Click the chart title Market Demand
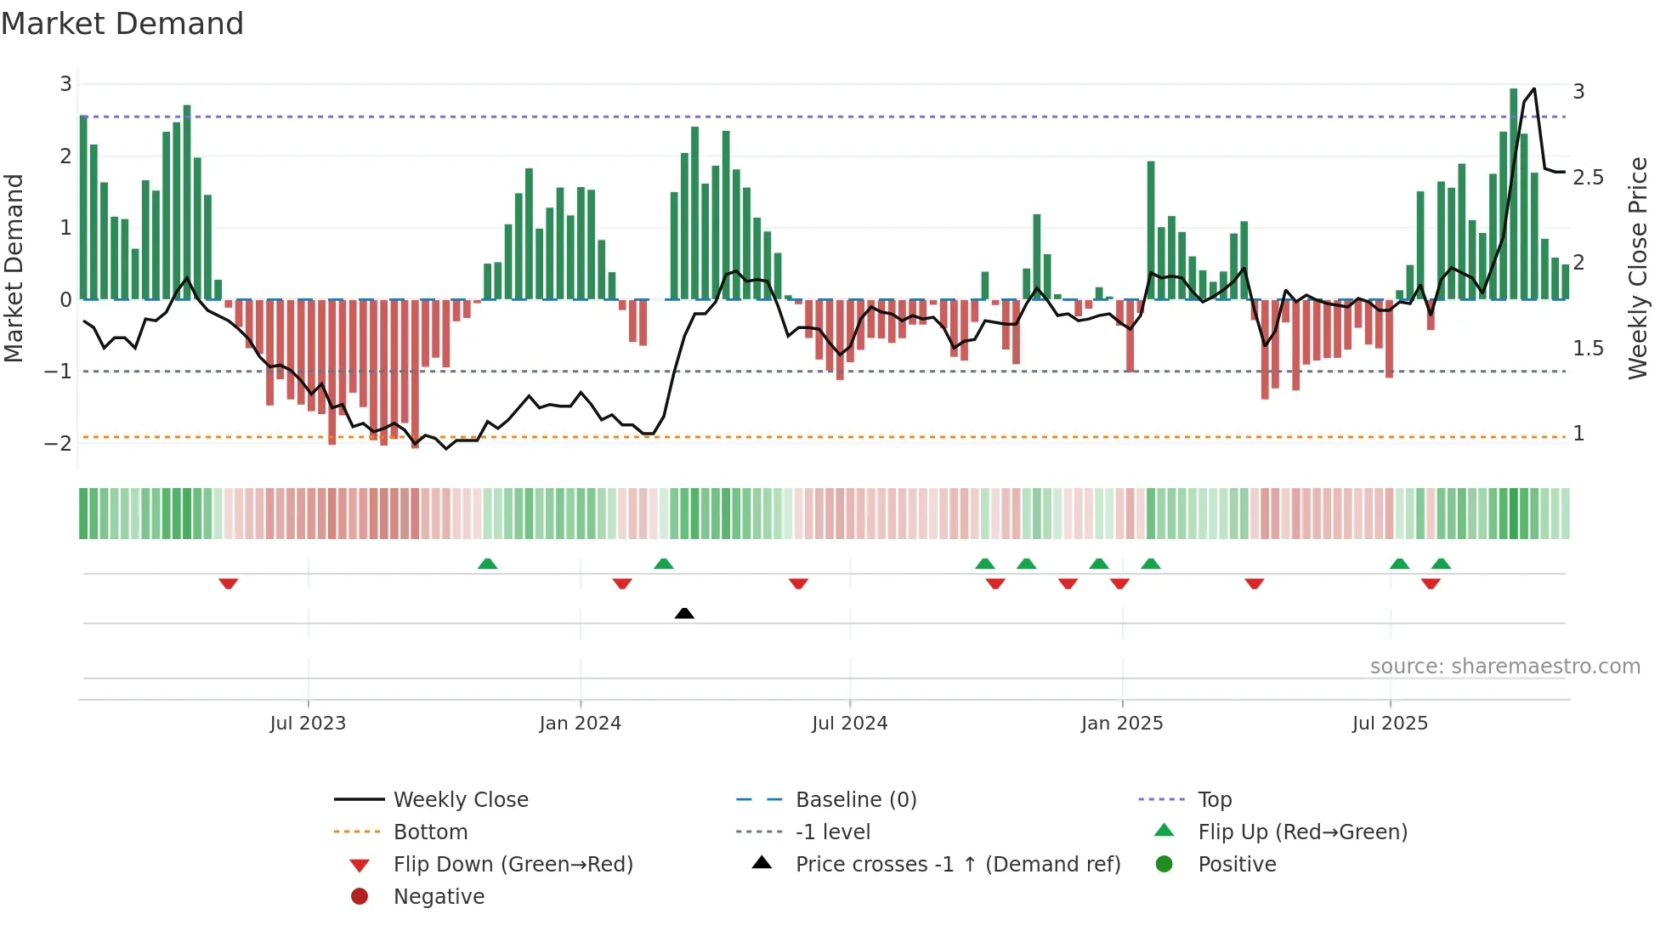122,24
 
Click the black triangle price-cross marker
684,613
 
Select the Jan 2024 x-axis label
580,724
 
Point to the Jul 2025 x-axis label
1390,724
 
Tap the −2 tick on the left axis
59,443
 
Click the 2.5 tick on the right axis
1588,178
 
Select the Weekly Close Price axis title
1637,268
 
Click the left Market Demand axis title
14,268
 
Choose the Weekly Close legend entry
460,800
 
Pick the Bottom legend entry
430,832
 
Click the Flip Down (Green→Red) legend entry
513,865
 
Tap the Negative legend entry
439,897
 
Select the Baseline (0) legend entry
855,800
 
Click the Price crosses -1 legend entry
957,865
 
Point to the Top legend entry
1214,800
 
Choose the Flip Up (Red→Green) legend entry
1302,832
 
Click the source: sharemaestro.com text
1504,667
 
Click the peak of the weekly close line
1534,88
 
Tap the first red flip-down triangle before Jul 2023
228,583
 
